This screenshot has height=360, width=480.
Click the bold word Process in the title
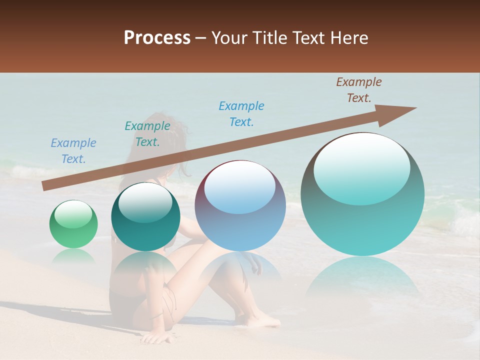pos(157,38)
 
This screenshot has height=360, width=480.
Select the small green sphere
pos(73,224)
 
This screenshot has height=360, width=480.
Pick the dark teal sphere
pos(145,217)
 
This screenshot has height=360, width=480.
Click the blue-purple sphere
pos(240,206)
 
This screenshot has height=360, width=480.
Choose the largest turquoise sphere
pos(362,195)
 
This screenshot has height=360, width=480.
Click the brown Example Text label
pos(358,90)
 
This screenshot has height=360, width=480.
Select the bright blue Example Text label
pos(241,114)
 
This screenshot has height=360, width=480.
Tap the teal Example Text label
pos(147,134)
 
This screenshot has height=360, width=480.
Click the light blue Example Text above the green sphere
pos(73,151)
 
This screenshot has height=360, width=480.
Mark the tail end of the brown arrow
pos(44,186)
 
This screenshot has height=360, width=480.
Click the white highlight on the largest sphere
pos(361,167)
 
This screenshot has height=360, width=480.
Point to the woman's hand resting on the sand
pos(157,338)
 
